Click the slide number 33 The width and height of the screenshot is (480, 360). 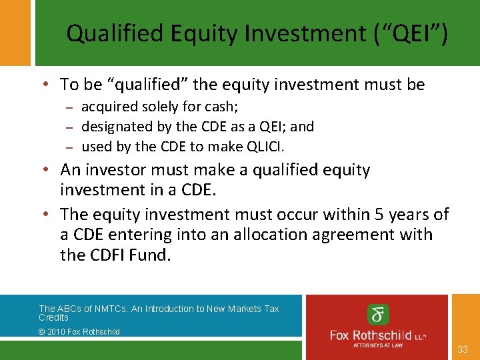(463, 349)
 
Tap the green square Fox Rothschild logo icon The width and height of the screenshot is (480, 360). (379, 315)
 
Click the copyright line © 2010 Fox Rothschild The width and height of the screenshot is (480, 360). (79, 331)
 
